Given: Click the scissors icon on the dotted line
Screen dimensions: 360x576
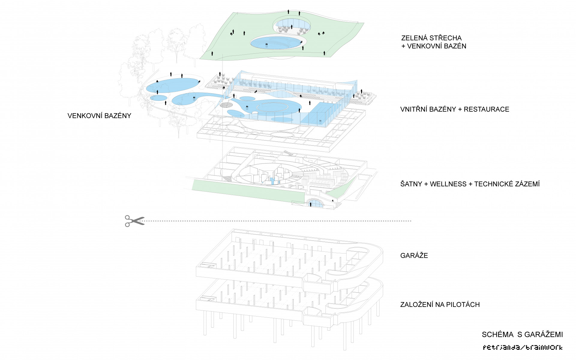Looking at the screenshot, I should point(134,221).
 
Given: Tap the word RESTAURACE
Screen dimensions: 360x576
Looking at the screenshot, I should point(486,109).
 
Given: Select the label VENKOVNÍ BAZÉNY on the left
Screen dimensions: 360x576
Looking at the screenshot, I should point(99,116).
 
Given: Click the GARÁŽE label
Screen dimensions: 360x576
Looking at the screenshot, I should point(414,256).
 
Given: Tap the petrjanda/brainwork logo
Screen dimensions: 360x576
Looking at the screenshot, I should point(523,348).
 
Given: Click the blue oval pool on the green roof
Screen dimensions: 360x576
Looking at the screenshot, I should point(276,43).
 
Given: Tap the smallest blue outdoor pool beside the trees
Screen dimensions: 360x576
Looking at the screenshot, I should point(159,98).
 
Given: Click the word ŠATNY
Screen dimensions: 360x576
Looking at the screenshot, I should point(411,184).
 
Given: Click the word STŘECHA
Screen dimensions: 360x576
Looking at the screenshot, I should point(445,38).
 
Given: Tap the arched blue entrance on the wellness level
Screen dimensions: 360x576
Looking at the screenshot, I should point(315,204).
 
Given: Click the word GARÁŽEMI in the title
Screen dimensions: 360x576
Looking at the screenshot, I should point(544,334).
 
